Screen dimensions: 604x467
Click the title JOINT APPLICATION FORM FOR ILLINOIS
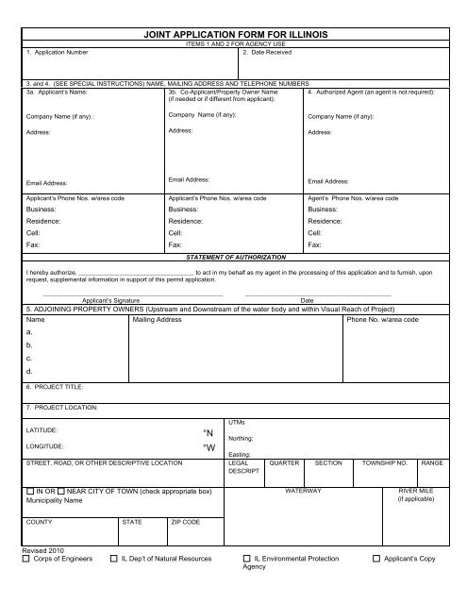pyautogui.click(x=234, y=34)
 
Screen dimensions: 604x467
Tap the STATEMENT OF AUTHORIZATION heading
pyautogui.click(x=233, y=257)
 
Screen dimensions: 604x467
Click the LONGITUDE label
pyautogui.click(x=46, y=445)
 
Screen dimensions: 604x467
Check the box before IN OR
pyautogui.click(x=31, y=493)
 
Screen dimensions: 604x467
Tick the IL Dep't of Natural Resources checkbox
pyautogui.click(x=115, y=561)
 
